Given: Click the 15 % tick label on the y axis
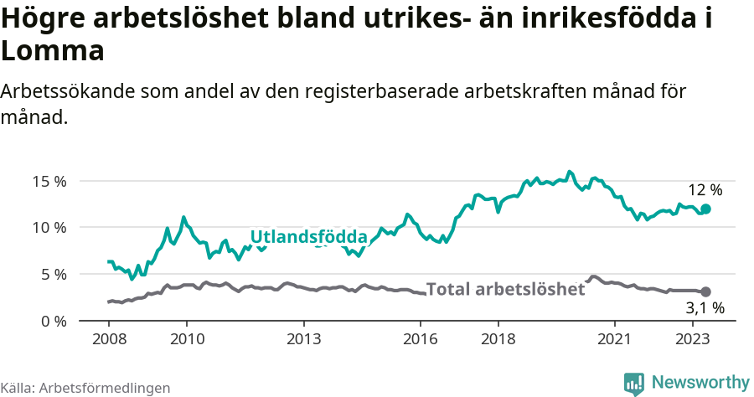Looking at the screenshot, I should pyautogui.click(x=49, y=181).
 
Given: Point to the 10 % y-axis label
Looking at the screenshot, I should pyautogui.click(x=49, y=228).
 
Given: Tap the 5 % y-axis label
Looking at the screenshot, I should pyautogui.click(x=52, y=275).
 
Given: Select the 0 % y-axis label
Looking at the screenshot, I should pyautogui.click(x=52, y=321).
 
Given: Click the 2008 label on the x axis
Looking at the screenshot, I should pyautogui.click(x=109, y=339).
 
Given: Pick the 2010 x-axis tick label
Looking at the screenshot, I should pyautogui.click(x=187, y=339).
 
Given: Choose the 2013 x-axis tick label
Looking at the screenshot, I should pyautogui.click(x=303, y=339).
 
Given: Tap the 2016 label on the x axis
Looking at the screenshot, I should pyautogui.click(x=421, y=339).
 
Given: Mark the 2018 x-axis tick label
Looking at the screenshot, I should pyautogui.click(x=498, y=339).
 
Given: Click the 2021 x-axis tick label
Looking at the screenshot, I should pyautogui.click(x=615, y=339).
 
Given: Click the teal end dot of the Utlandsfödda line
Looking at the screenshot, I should pyautogui.click(x=705, y=209).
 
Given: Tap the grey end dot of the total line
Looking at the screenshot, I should pyautogui.click(x=705, y=291).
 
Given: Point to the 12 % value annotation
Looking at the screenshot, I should pyautogui.click(x=705, y=190).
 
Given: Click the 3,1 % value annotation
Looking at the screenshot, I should pyautogui.click(x=705, y=309).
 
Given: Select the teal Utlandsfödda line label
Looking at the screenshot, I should pyautogui.click(x=308, y=236).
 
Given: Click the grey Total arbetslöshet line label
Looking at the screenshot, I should pyautogui.click(x=505, y=290).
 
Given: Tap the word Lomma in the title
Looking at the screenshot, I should pyautogui.click(x=52, y=51).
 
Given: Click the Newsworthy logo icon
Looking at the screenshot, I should pyautogui.click(x=634, y=383).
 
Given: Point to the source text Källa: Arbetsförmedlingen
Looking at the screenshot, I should pyautogui.click(x=85, y=388).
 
